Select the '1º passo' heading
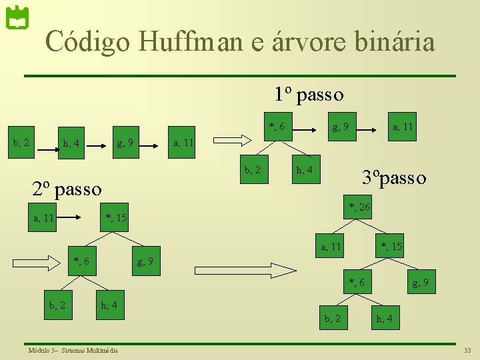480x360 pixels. (310, 95)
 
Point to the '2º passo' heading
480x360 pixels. (67, 189)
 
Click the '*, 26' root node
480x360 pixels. (359, 208)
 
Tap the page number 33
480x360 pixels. (467, 350)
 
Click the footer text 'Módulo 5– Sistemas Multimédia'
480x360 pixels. (73, 350)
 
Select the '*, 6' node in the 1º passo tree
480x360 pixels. (277, 127)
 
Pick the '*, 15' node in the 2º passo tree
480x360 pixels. (116, 218)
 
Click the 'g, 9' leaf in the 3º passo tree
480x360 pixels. (420, 283)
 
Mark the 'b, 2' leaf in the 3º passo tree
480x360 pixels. (332, 318)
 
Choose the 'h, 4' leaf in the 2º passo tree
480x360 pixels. (109, 305)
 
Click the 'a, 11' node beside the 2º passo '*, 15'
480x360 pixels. (44, 218)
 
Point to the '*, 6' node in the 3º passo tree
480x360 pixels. (357, 283)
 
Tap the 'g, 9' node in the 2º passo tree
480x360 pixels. (145, 261)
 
